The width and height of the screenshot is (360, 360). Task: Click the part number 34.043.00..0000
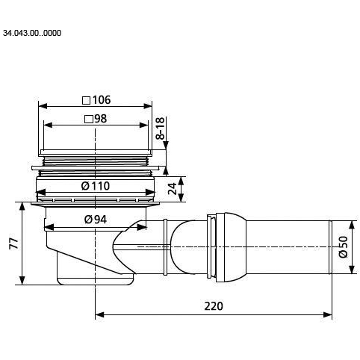coord(32,33)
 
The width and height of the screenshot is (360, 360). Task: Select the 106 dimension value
coord(102,100)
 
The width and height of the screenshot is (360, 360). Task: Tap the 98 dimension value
coord(101,119)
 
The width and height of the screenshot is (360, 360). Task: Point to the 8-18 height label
coord(161,128)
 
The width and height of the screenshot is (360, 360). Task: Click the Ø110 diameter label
coord(96,186)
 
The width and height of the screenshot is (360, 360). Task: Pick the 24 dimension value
coord(172,189)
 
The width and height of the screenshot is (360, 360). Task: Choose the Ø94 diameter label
coord(96,220)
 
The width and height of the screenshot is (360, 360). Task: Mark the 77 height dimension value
coord(13,243)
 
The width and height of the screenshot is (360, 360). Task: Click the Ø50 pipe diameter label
coord(343,247)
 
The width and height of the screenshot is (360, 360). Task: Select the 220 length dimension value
coord(214,306)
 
